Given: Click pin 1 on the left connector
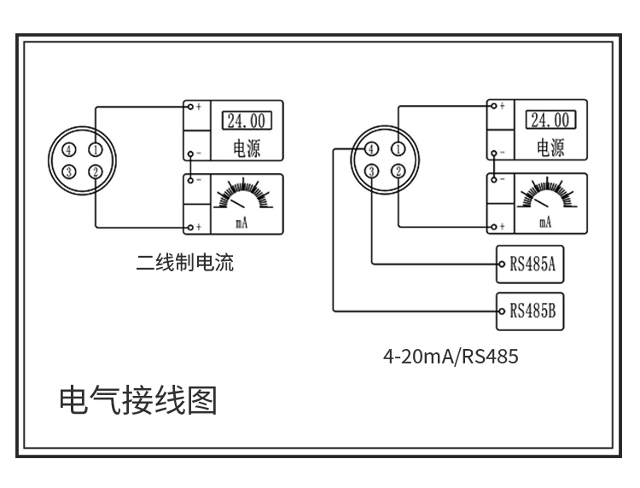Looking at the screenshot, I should [96, 150].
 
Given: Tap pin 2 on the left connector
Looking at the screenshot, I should [96, 172].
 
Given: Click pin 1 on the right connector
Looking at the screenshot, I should [398, 149].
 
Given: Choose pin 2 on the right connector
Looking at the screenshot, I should [398, 171].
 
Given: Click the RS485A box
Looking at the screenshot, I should [533, 264].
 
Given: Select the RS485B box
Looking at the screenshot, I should [533, 311].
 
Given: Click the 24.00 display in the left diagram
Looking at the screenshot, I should [244, 120].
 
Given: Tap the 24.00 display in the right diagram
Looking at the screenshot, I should [548, 119].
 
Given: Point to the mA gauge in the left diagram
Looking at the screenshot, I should [242, 201].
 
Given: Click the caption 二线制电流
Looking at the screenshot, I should [185, 263].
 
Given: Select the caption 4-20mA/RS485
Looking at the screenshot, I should [451, 357].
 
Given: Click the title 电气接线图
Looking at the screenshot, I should [138, 400].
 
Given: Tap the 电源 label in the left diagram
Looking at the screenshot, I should [246, 148].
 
